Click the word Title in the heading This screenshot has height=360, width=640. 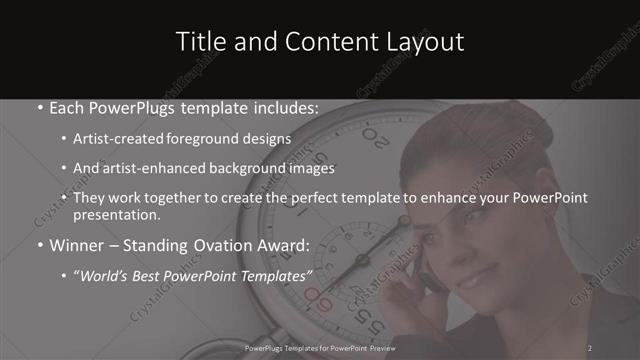[196, 42]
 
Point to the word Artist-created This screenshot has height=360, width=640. [113, 138]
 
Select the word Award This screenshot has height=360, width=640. [285, 244]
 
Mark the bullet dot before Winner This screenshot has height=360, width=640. [38, 245]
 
